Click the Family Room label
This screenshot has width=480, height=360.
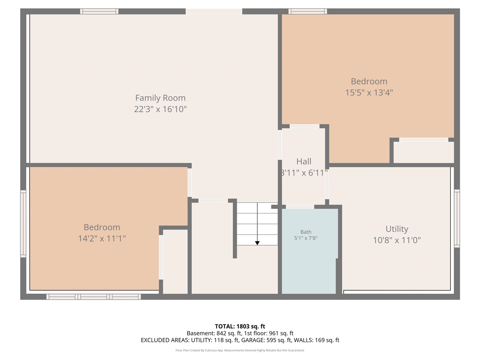tap(160, 98)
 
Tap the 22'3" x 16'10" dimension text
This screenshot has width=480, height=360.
tap(160, 109)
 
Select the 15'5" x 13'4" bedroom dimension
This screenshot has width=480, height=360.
tap(369, 93)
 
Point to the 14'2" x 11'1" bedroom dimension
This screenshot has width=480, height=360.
tap(102, 238)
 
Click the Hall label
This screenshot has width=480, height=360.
tap(304, 162)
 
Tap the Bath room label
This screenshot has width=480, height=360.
tap(306, 232)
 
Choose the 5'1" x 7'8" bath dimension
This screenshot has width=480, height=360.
tap(306, 238)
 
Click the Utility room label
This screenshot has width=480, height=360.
tap(397, 229)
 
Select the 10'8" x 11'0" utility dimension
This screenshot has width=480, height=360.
tap(397, 240)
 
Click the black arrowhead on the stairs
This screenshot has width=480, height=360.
tap(257, 243)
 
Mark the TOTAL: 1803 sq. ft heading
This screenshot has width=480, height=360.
tap(240, 326)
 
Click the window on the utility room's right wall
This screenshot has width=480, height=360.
tap(457, 218)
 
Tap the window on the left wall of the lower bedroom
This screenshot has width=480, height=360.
tap(23, 223)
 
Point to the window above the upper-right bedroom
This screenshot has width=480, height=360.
tap(307, 12)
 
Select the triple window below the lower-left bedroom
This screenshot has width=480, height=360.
tap(94, 297)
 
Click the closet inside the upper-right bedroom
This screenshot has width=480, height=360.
tap(423, 152)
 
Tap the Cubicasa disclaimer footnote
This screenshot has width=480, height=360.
tap(240, 350)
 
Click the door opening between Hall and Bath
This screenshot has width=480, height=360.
tap(300, 207)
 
